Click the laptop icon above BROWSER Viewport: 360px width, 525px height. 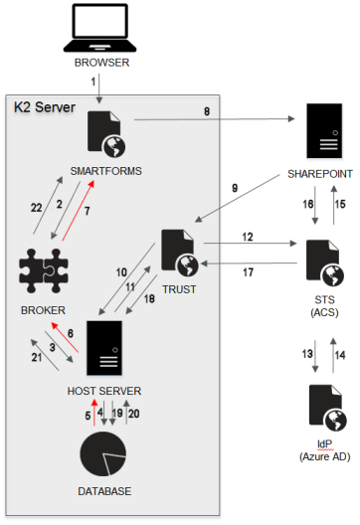pos(99,28)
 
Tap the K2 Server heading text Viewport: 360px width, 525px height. pos(45,107)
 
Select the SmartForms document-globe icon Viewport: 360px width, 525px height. pos(106,134)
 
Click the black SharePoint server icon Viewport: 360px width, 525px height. pos(324,130)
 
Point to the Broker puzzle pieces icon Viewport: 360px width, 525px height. pos(44,270)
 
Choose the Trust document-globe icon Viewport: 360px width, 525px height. pos(180,253)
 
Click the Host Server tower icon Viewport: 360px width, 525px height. pos(104,348)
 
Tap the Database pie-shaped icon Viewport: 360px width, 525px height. pos(103,454)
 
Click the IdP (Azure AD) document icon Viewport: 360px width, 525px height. pos(327,408)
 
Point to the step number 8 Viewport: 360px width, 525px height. pos(207,111)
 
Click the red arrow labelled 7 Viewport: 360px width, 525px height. pos(78,211)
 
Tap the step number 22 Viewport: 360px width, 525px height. pos(36,208)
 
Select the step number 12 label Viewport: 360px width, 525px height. pos(248,237)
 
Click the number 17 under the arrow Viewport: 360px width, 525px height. pos(249,272)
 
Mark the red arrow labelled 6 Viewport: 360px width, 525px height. pos(65,337)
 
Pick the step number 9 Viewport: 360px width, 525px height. pos(235,188)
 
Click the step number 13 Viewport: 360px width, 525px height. pos(307,354)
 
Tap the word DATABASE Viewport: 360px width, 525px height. pos(104,491)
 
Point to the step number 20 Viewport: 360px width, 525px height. pos(133,414)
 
